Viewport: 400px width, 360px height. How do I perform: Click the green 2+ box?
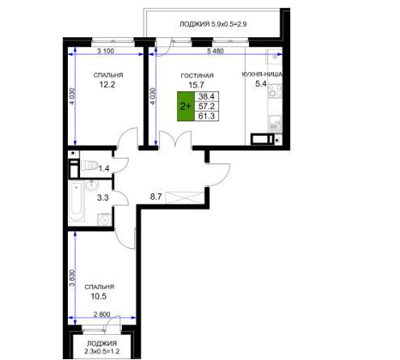click(186, 106)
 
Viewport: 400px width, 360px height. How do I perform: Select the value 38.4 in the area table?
click(206, 96)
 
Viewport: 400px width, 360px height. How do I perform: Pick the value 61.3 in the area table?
click(206, 116)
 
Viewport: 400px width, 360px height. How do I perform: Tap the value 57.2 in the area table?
click(206, 106)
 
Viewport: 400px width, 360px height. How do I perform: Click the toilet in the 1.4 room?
click(89, 165)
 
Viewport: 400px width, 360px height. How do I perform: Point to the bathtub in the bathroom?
click(76, 202)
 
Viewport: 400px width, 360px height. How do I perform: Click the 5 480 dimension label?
click(216, 51)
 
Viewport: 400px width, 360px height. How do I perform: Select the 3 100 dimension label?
click(106, 51)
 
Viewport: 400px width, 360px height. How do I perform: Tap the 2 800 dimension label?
click(102, 314)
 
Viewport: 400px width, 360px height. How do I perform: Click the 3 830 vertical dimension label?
click(72, 278)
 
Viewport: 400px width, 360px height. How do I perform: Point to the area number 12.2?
click(107, 84)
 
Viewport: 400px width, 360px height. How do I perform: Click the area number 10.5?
click(99, 296)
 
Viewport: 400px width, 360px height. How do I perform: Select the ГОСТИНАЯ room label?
click(197, 76)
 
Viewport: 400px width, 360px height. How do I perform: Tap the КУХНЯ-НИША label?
click(262, 74)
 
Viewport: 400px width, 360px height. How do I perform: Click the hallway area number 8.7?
click(156, 197)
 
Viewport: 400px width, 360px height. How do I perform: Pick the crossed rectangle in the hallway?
click(184, 197)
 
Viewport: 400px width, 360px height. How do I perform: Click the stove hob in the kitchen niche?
click(275, 91)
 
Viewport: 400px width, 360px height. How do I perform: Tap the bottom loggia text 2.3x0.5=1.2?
click(102, 351)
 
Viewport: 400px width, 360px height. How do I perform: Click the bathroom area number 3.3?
click(103, 197)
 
